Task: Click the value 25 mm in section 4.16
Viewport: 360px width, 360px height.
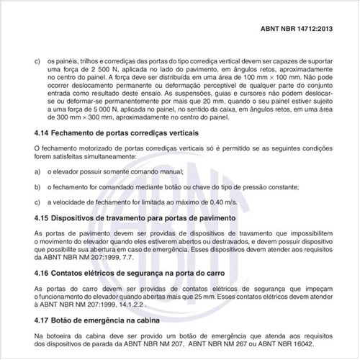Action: point(216,295)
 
